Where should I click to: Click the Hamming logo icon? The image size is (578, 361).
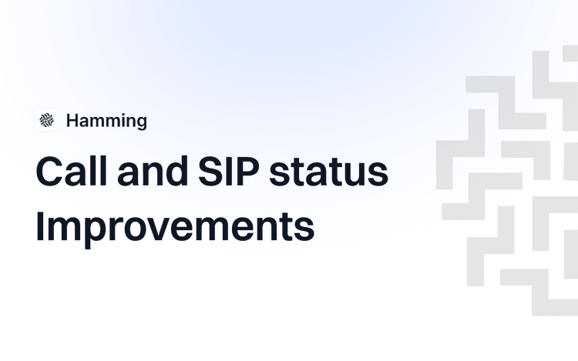coord(47,120)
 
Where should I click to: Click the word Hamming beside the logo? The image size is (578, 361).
coord(106,121)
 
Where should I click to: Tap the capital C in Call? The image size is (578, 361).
coord(49,172)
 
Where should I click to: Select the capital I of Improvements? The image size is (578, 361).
coord(40,226)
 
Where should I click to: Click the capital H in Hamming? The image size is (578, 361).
coord(72,121)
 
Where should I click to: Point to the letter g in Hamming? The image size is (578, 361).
coord(140,123)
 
